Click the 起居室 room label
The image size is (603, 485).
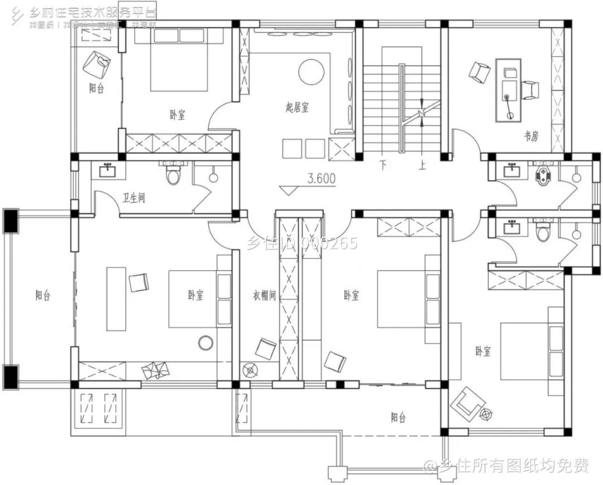(296, 108)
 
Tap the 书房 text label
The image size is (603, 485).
(530, 136)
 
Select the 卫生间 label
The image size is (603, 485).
(133, 198)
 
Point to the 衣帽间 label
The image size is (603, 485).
(265, 296)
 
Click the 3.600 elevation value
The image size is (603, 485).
(321, 179)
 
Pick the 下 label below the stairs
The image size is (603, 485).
(383, 165)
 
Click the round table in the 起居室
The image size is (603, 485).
(311, 72)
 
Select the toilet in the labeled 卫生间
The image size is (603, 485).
(174, 175)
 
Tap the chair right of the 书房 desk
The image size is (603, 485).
(530, 90)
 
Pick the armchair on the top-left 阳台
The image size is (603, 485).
(97, 65)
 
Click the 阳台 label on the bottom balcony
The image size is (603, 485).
(398, 417)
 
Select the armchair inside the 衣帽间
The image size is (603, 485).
(265, 349)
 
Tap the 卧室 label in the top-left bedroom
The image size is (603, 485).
(178, 115)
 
